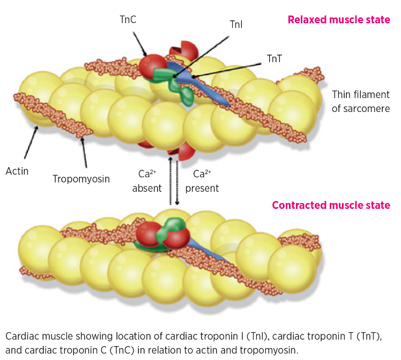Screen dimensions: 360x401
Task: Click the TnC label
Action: coord(129,20)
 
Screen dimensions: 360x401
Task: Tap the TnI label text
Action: coord(236,25)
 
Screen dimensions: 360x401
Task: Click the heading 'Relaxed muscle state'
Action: coord(338,20)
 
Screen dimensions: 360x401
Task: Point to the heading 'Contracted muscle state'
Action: coord(331,205)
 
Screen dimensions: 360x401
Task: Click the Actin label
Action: coord(17,171)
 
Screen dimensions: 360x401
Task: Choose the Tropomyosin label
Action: coord(81,179)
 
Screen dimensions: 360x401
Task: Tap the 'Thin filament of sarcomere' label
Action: coord(360,101)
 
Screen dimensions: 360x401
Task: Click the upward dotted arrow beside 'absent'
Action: coord(170,179)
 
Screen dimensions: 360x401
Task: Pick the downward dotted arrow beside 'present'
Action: coord(177,179)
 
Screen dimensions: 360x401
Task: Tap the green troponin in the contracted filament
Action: coord(172,228)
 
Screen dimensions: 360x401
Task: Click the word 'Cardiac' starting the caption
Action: coord(22,336)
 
